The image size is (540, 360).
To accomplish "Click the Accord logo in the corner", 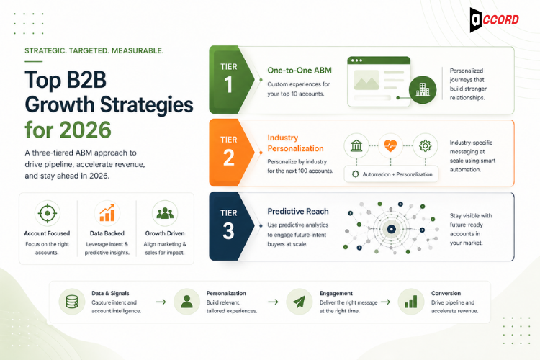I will [x=494, y=19].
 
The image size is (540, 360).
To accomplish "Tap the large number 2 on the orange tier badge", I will [x=229, y=158].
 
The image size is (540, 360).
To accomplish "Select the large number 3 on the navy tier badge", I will [x=229, y=230].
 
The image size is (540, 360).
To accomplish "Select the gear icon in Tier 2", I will [x=425, y=145].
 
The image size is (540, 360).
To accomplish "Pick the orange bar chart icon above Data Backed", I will [x=107, y=212].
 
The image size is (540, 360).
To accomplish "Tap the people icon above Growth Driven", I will [x=165, y=212].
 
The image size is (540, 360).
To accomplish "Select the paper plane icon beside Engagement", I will [x=298, y=301].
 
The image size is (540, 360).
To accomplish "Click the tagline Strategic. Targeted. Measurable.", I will [x=94, y=51].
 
